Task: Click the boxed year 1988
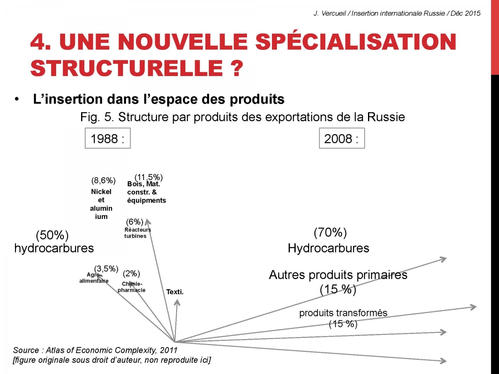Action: tap(108, 138)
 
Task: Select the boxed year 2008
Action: tap(342, 138)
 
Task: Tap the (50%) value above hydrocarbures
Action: tap(52, 235)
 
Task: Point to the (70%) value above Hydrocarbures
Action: tap(330, 233)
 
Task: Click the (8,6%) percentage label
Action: tap(104, 180)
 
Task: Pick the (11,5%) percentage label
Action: tap(149, 177)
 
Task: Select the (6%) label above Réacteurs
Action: tap(135, 221)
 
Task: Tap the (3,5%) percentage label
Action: tap(106, 268)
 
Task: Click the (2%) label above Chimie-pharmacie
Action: tap(131, 273)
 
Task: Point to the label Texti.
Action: tap(175, 292)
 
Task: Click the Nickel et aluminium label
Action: tap(101, 204)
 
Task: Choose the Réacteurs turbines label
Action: tap(138, 233)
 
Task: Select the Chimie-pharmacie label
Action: tap(131, 287)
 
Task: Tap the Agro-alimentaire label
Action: tap(94, 278)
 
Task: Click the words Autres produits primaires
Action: tap(338, 275)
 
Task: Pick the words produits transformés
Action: tap(343, 313)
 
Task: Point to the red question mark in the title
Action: tap(235, 68)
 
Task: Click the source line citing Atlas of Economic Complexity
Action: tap(95, 350)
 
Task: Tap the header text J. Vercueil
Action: tap(330, 14)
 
